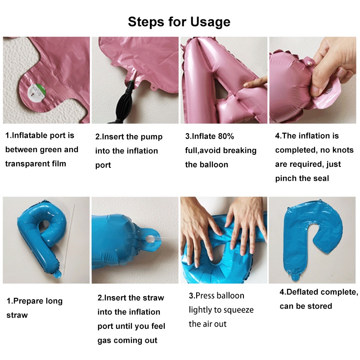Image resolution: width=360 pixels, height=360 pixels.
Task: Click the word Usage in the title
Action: pos(210,22)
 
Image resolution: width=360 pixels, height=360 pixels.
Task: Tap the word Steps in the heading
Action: pos(146,22)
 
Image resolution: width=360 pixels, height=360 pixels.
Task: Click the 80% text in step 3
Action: pos(226,136)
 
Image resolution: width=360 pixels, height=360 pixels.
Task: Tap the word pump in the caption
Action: pos(152,137)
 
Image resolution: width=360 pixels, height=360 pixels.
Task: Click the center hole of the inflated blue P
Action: pos(44,225)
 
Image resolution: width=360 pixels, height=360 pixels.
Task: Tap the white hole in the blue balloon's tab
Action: pos(150,240)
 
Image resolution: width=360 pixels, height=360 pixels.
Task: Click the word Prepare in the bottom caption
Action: pos(27,301)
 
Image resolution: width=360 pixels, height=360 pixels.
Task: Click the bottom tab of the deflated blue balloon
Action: pos(297,277)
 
